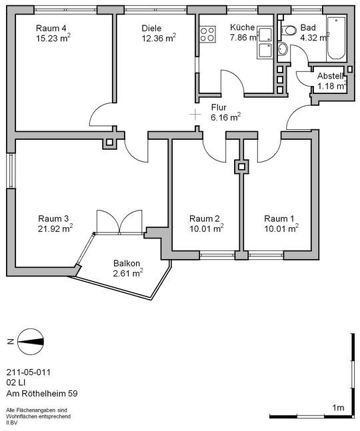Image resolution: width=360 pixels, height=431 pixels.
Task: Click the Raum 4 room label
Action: point(51,28)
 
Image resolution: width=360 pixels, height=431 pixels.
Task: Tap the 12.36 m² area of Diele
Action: point(159,38)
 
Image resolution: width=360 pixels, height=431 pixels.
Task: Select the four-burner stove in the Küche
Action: point(207,34)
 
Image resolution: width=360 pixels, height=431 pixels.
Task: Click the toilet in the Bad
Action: point(287,30)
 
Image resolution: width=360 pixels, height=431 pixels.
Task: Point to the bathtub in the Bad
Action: point(337,38)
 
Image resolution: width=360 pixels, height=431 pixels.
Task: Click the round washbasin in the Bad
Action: point(283,49)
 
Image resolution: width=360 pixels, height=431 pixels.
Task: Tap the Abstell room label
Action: point(330,75)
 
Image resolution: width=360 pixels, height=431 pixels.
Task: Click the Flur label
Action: point(219,107)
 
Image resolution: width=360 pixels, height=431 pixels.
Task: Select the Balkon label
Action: point(127,263)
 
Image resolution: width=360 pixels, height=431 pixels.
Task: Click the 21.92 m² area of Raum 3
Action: point(55,228)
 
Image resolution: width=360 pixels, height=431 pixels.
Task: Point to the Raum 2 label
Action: point(205,218)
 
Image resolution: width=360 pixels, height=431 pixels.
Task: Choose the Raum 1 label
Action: point(279,218)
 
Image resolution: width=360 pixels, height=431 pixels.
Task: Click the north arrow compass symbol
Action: point(31,341)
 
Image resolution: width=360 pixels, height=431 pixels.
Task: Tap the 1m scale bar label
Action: point(338,408)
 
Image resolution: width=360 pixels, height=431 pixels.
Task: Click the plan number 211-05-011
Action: point(28,372)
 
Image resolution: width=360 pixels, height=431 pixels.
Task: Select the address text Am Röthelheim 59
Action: point(42,393)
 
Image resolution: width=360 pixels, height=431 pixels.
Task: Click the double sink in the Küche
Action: point(265,43)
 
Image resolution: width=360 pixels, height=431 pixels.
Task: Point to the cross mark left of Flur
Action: point(195,115)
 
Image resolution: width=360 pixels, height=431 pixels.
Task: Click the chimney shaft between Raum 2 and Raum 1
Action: point(241,167)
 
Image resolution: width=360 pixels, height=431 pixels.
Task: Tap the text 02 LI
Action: point(16,382)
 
